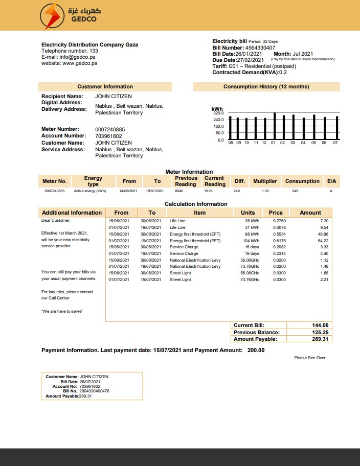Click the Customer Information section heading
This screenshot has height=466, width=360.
[105, 87]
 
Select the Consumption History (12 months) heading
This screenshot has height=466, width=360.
[266, 87]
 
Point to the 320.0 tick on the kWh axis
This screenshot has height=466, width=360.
[218, 113]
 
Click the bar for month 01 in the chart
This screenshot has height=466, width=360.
[275, 126]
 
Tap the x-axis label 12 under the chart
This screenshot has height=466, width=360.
[264, 143]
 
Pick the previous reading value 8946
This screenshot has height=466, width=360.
[178, 191]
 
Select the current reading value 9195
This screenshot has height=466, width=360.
[208, 191]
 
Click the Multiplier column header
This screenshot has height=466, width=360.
[265, 181]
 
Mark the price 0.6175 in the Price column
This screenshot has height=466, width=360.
[279, 241]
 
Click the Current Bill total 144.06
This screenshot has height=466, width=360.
[320, 325]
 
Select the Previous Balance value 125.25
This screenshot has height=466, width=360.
[320, 332]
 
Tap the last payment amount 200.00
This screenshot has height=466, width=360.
[256, 351]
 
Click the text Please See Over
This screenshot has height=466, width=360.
[310, 358]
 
